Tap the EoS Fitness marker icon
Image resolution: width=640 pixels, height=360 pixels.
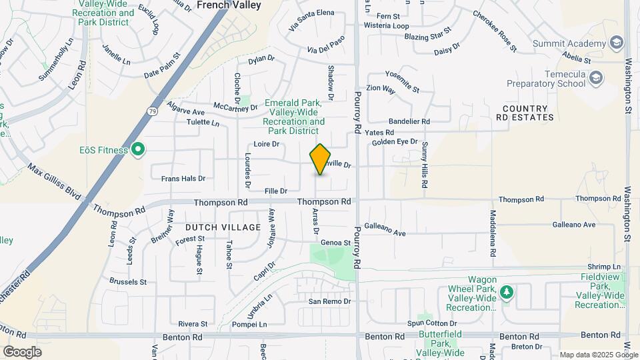(x=138, y=149)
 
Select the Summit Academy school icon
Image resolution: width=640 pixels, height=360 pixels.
(x=617, y=43)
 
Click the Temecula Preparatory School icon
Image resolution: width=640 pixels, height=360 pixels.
(x=595, y=79)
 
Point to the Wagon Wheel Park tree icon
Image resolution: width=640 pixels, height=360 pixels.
(x=507, y=293)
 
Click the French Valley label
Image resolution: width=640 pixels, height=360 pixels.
(x=229, y=5)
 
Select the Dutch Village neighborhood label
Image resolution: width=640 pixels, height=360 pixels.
(x=223, y=227)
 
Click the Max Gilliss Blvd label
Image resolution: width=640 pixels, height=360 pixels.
(x=53, y=181)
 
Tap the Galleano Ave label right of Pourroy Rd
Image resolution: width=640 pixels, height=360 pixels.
(x=385, y=233)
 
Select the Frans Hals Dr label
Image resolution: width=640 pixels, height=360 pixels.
(x=183, y=178)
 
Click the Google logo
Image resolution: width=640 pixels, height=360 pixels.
(x=22, y=351)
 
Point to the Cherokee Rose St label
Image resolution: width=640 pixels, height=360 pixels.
(x=495, y=30)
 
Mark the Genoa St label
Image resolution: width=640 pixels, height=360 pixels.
(x=335, y=243)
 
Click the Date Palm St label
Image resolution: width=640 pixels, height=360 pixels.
(x=162, y=65)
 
